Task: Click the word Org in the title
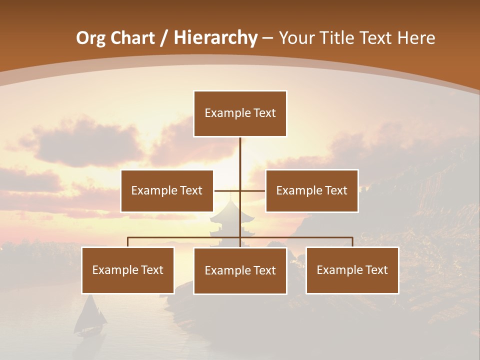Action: [90, 38]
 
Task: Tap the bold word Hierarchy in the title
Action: [215, 38]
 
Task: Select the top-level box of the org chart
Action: [240, 113]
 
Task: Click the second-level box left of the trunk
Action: [167, 190]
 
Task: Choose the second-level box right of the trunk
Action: [311, 190]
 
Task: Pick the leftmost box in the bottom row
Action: [128, 270]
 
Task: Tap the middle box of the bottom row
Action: [240, 270]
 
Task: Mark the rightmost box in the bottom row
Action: [352, 270]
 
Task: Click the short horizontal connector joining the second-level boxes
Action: [227, 190]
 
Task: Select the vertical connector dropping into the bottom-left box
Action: [128, 242]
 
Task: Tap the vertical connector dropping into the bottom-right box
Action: [352, 242]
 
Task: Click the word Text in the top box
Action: [263, 113]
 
